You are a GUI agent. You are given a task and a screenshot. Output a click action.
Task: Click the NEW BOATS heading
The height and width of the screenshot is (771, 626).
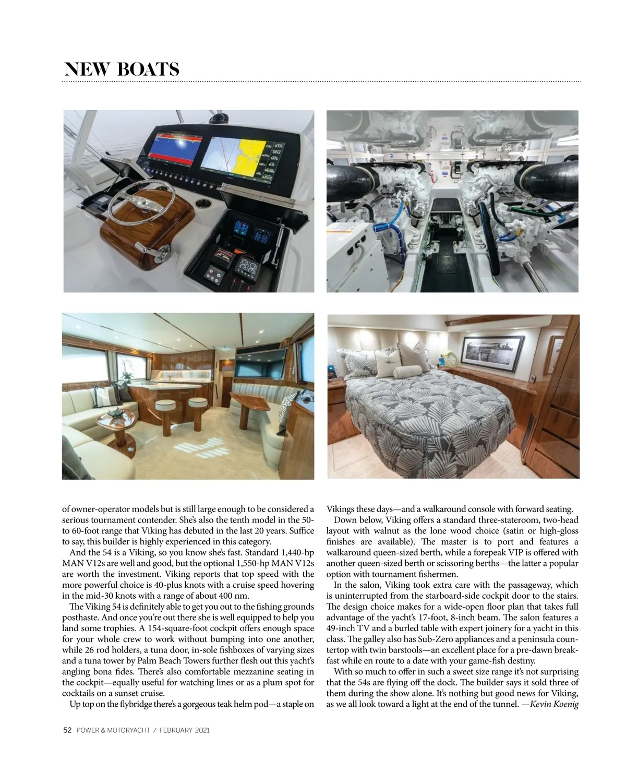pyautogui.click(x=122, y=69)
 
